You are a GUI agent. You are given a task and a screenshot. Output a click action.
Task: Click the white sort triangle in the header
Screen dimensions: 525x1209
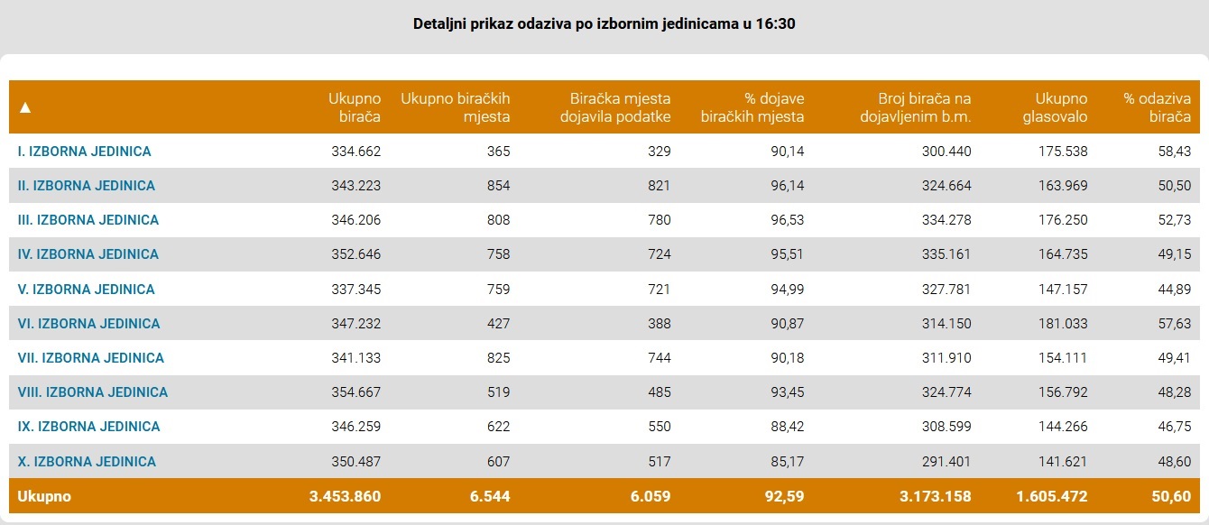click(25, 107)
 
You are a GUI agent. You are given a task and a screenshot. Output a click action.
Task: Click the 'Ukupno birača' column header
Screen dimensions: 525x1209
click(355, 107)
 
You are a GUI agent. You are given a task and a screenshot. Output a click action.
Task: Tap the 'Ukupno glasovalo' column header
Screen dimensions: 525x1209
click(1061, 107)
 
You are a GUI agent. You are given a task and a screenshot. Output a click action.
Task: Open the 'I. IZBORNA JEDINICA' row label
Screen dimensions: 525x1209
click(85, 152)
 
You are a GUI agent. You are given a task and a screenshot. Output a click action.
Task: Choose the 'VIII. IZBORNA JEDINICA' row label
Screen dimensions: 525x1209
click(93, 392)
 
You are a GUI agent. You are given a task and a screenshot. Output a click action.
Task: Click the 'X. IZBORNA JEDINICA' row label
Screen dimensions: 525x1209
click(87, 462)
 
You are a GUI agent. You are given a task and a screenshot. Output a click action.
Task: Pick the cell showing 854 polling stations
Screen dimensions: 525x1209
click(498, 186)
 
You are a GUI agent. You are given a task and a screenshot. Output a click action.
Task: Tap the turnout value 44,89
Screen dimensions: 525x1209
click(1174, 290)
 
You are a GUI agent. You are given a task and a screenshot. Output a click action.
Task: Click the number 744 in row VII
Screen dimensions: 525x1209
click(659, 358)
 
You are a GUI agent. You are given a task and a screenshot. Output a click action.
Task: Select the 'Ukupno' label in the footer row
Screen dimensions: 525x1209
click(44, 496)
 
